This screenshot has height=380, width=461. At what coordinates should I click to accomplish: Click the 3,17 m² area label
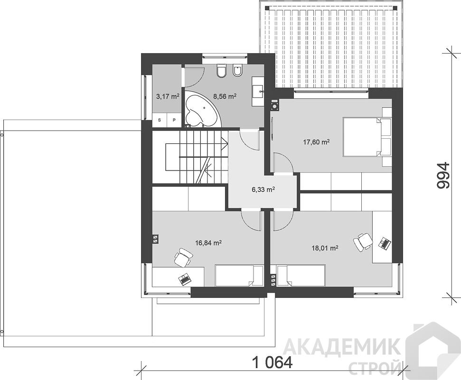point(168,96)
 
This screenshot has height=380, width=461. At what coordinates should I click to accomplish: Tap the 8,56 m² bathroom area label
point(225,96)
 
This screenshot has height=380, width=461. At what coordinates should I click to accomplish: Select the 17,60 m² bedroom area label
point(316,142)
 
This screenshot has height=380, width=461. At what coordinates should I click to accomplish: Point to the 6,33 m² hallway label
point(263,190)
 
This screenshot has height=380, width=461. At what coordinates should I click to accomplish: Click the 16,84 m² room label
point(208,243)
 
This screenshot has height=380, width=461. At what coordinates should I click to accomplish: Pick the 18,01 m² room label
point(325,248)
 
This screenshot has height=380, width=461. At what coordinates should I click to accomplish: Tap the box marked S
point(160,120)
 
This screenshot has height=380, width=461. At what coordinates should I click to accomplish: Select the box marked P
point(174,120)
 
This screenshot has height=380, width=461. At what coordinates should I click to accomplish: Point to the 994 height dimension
point(443,175)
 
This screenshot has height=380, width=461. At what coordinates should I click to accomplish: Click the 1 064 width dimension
point(272,362)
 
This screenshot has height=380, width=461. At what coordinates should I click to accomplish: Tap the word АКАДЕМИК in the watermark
point(341,347)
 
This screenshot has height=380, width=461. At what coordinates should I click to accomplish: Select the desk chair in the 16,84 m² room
point(183,257)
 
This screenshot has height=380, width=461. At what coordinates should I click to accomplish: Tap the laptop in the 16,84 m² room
point(185,279)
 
